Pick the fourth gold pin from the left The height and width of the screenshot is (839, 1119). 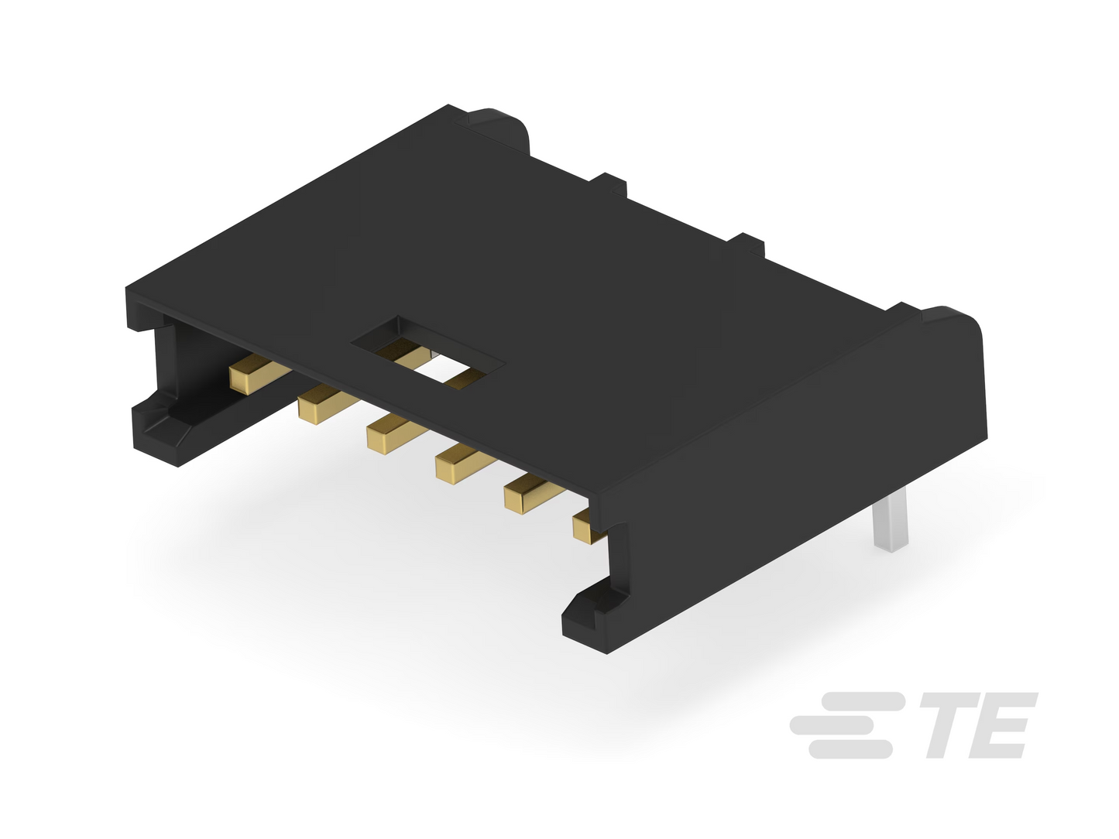[x=464, y=464]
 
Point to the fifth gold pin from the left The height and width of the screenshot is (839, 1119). [x=533, y=493]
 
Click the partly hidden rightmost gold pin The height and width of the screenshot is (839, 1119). [x=589, y=528]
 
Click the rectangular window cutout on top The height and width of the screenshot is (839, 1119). [x=428, y=353]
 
